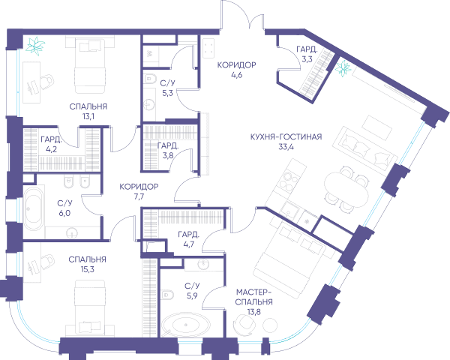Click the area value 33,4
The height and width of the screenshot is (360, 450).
click(x=286, y=147)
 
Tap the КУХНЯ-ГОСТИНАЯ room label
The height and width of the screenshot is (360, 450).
click(x=286, y=136)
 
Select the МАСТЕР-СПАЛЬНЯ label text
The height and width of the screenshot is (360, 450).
click(x=253, y=297)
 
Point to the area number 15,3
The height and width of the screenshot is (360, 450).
click(x=88, y=269)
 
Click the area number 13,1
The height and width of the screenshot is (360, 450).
click(x=88, y=116)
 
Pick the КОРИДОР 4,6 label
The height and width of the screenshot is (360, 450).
click(x=236, y=70)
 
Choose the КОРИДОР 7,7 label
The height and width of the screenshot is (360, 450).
click(x=139, y=191)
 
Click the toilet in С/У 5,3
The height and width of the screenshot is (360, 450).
click(x=150, y=78)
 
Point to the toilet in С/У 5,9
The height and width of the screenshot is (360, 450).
click(x=167, y=295)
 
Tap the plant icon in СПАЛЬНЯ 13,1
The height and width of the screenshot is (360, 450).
click(x=35, y=46)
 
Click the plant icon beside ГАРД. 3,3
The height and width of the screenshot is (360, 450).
click(x=343, y=68)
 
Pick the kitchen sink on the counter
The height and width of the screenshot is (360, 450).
click(x=289, y=209)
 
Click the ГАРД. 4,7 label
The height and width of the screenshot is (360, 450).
click(x=188, y=239)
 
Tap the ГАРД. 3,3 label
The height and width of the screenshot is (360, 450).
click(x=307, y=54)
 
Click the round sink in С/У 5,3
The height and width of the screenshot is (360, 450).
click(x=149, y=104)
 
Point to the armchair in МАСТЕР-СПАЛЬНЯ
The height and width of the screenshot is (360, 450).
click(x=244, y=324)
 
